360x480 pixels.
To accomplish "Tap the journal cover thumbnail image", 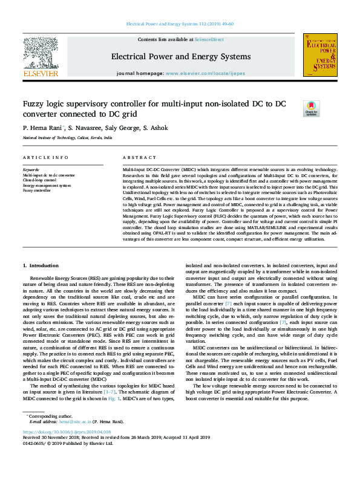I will coord(319,56).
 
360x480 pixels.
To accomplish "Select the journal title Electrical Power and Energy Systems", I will coord(180,57).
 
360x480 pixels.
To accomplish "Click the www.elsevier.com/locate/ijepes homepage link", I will coord(215,73).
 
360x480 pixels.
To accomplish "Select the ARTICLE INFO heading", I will coord(45,157).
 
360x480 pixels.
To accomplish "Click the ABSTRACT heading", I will coord(138,157).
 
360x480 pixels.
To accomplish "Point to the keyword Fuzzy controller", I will coord(38,190).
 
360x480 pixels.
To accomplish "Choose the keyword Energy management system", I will coord(47,185).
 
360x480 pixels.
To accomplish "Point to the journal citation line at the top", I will coord(180,24).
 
